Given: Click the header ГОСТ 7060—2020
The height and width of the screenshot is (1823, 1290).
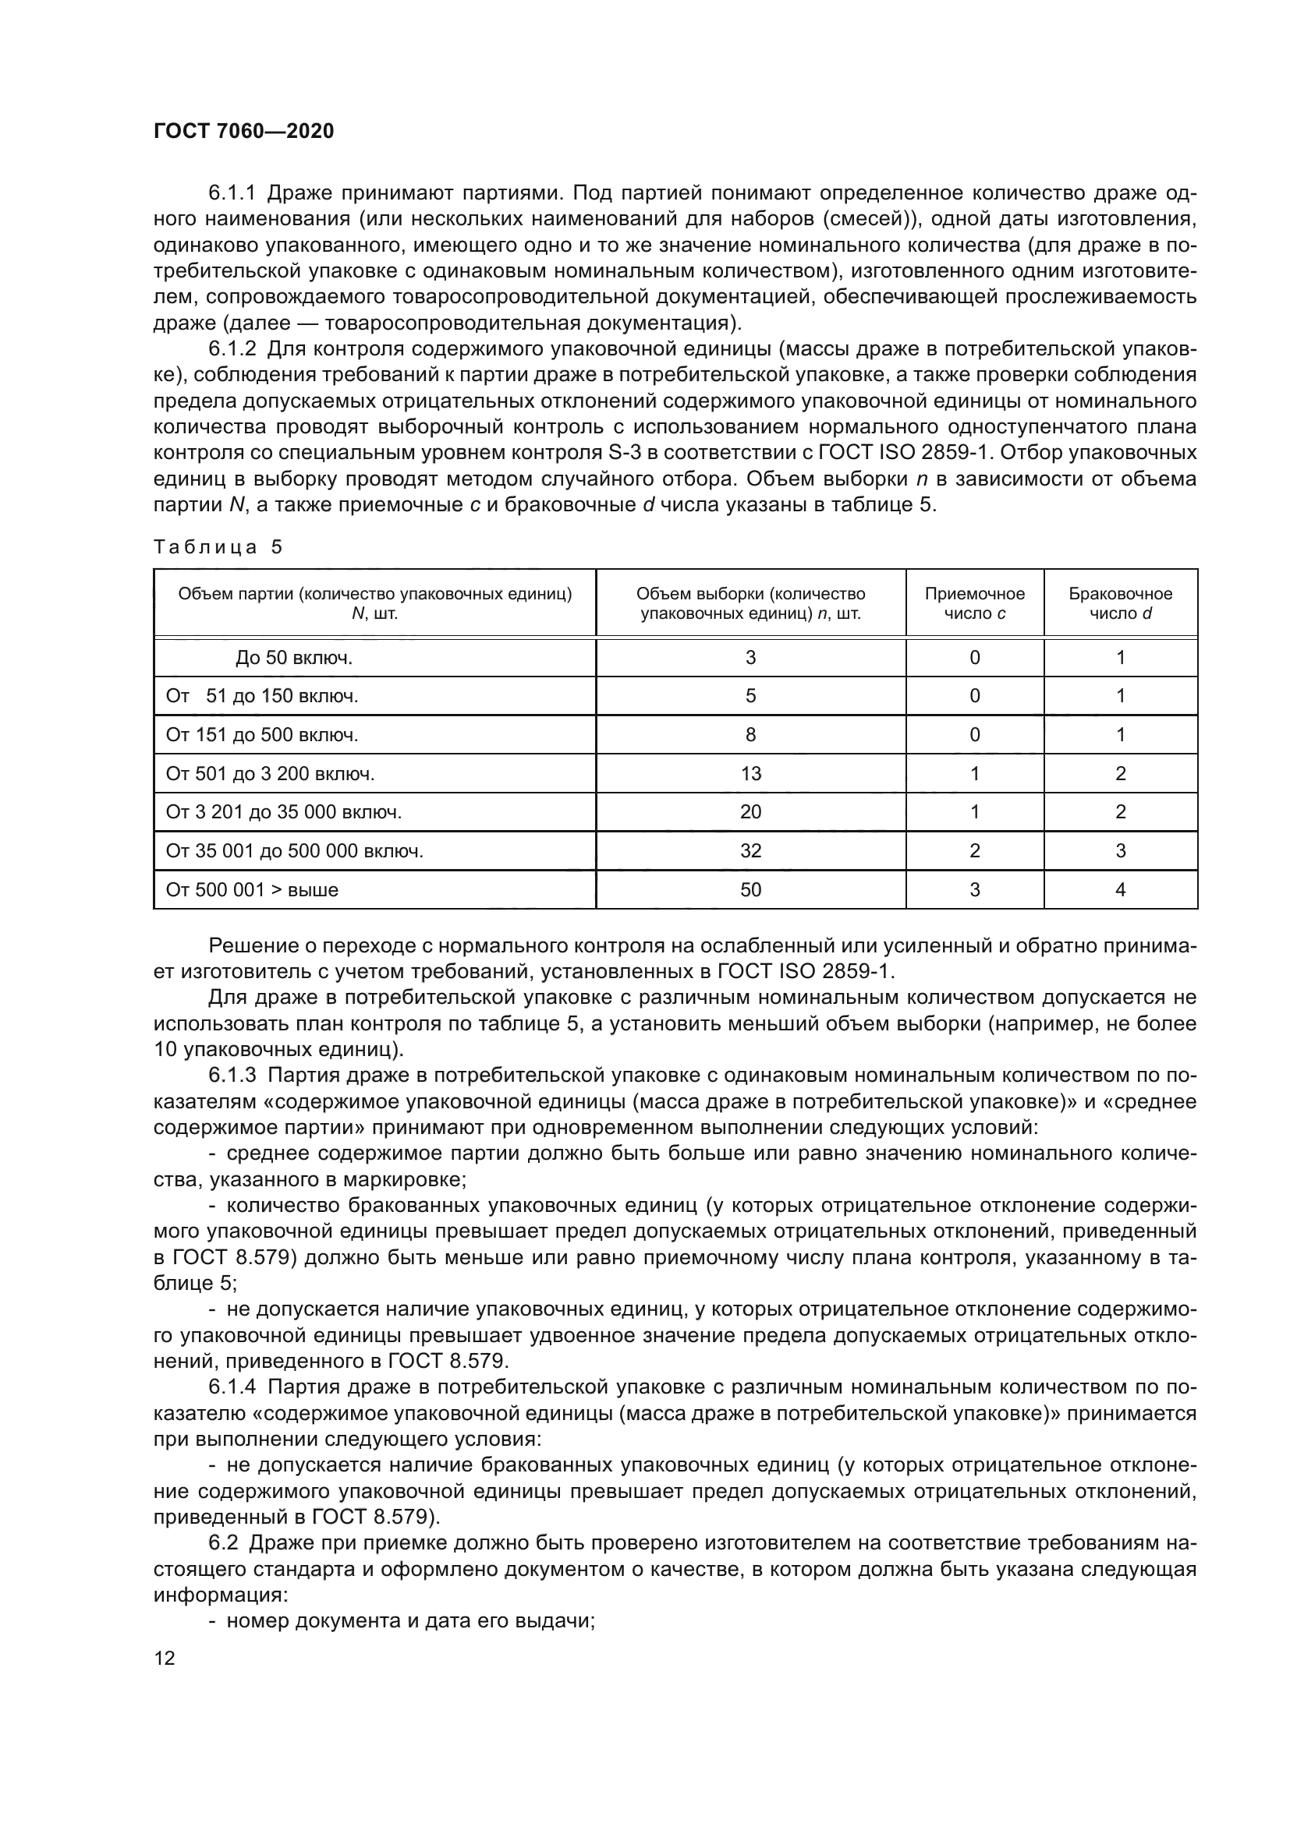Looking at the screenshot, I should [x=244, y=131].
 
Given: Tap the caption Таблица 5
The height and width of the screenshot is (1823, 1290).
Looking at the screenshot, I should [x=218, y=547].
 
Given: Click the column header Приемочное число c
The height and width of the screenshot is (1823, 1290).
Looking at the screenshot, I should [x=975, y=603].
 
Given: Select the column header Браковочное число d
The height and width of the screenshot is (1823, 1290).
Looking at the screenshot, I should [x=1120, y=603].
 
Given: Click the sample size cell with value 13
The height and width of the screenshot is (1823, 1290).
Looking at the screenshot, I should [x=750, y=773].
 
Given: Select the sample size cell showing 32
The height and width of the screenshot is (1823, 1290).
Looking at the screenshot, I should [x=750, y=851].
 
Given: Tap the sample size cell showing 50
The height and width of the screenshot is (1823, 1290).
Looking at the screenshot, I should [x=750, y=890].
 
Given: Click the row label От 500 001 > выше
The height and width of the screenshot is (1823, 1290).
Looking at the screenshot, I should [x=252, y=890].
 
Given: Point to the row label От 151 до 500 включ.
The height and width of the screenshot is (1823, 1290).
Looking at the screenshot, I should [x=262, y=735].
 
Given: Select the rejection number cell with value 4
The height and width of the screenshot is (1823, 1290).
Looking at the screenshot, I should [x=1120, y=890].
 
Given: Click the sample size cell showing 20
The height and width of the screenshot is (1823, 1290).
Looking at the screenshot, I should [x=750, y=811].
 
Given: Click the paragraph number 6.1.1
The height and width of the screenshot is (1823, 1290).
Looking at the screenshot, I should [x=232, y=193].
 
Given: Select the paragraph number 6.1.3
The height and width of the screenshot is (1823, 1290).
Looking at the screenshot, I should [x=232, y=1075].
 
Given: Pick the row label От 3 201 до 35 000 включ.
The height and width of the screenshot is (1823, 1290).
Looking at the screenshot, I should [x=284, y=812].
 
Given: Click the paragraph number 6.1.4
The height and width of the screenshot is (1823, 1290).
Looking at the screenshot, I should [x=232, y=1387].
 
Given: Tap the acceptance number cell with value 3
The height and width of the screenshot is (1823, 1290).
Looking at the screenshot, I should [x=975, y=890].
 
